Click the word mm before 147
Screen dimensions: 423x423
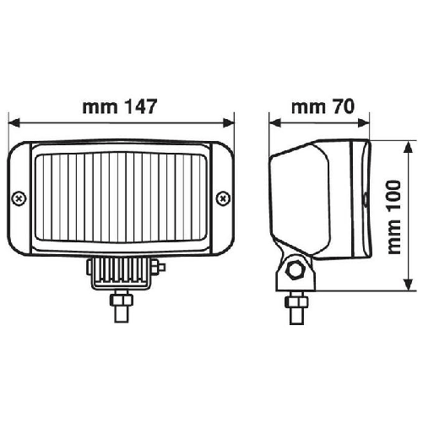click(x=98, y=108)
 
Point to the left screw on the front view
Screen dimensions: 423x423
click(x=19, y=198)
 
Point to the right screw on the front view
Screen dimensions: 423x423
click(x=222, y=198)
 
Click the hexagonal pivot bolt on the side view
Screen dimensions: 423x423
click(x=296, y=270)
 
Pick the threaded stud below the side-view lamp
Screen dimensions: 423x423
click(x=296, y=308)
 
